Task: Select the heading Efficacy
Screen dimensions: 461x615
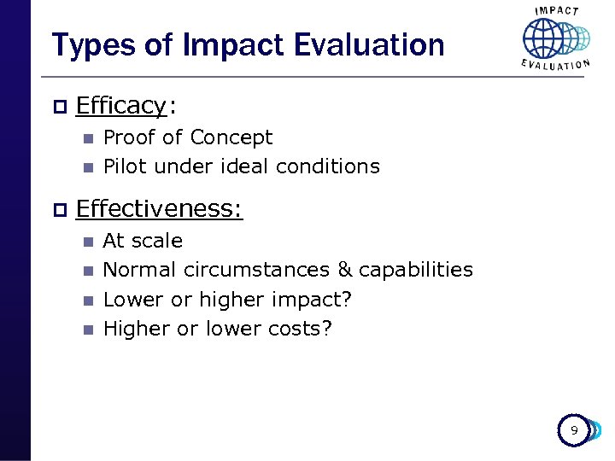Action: tap(120, 106)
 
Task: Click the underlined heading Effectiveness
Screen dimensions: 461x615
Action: tap(159, 209)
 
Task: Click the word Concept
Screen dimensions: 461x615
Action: tap(231, 137)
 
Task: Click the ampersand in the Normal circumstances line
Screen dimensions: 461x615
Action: tap(345, 270)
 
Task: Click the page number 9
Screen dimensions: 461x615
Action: tap(574, 431)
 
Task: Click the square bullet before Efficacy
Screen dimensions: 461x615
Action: tap(58, 106)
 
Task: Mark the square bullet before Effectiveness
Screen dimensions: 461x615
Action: tap(58, 209)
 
